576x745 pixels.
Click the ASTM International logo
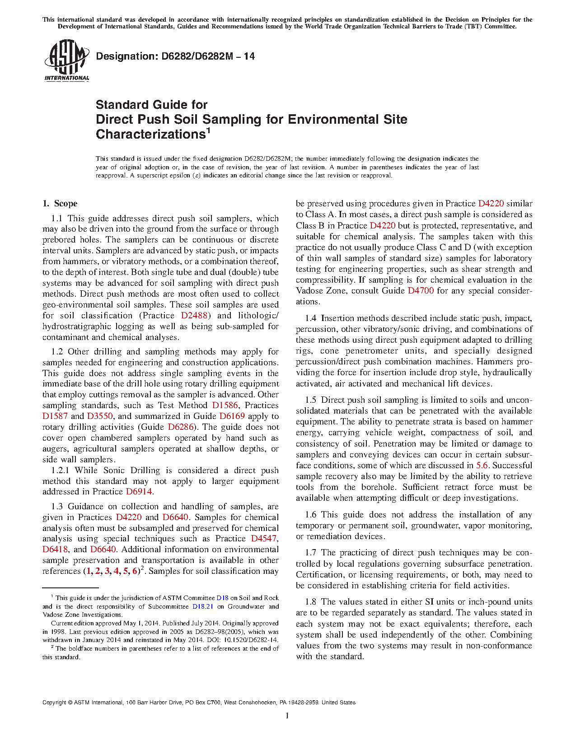pos(66,60)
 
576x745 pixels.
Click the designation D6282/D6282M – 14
pos(175,56)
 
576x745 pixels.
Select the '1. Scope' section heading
pos(60,204)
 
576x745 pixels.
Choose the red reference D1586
pos(225,405)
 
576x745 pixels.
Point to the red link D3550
pos(100,416)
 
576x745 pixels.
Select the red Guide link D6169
pos(232,416)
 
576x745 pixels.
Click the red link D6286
pos(181,427)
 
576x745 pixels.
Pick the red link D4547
pos(264,539)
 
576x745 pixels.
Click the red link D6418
pos(55,549)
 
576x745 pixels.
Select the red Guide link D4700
pos(421,291)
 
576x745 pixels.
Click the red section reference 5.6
pos(482,466)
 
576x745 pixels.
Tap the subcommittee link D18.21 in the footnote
pos(203,606)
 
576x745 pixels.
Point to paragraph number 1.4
pos(310,318)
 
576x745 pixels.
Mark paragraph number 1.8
pos(310,602)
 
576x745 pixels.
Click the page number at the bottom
pos(287,715)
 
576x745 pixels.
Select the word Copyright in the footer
pos(54,703)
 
